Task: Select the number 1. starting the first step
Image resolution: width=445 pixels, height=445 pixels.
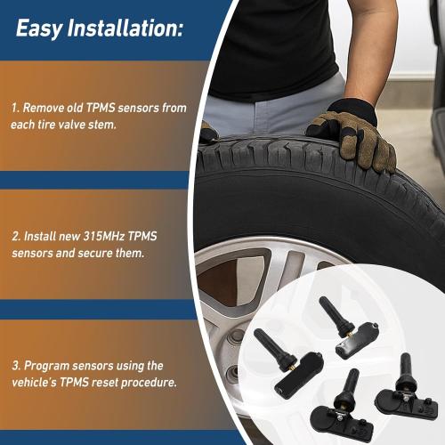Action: [x=15, y=107]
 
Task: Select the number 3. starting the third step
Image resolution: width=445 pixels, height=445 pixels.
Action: [x=15, y=366]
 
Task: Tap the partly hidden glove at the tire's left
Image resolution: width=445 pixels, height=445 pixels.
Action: [x=208, y=133]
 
